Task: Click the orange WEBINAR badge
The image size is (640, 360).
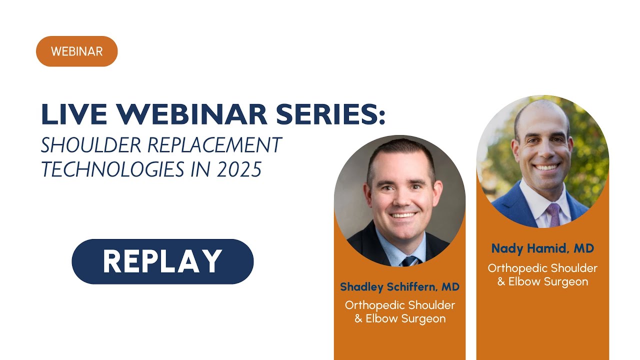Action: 76,51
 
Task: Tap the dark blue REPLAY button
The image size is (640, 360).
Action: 162,261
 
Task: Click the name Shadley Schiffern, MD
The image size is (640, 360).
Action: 399,286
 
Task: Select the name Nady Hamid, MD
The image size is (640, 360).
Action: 542,248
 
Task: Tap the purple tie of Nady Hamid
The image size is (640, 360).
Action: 553,214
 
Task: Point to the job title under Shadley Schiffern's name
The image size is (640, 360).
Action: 399,311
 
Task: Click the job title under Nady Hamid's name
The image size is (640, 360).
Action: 542,274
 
